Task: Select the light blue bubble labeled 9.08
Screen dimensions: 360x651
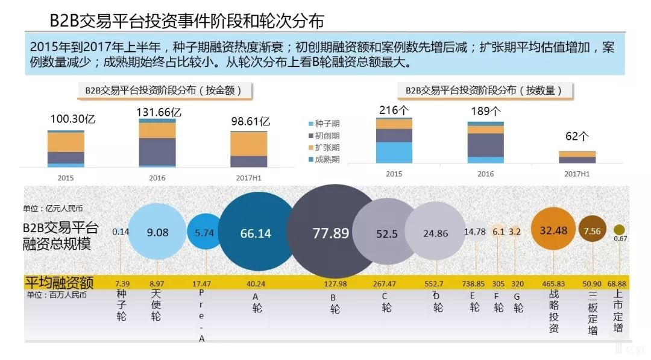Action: click(157, 232)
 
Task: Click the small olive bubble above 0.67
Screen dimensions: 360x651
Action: click(619, 230)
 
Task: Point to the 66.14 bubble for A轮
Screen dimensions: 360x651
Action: click(256, 233)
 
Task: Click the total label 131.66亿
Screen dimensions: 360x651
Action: click(158, 112)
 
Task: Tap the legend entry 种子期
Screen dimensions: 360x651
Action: click(327, 123)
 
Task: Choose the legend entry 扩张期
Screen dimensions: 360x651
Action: click(327, 147)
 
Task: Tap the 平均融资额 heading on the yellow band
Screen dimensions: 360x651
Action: click(58, 281)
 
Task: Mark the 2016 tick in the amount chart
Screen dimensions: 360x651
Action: click(157, 178)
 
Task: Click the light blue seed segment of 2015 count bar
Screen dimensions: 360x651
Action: click(394, 153)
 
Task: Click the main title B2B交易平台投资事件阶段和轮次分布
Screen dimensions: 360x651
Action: click(187, 21)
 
